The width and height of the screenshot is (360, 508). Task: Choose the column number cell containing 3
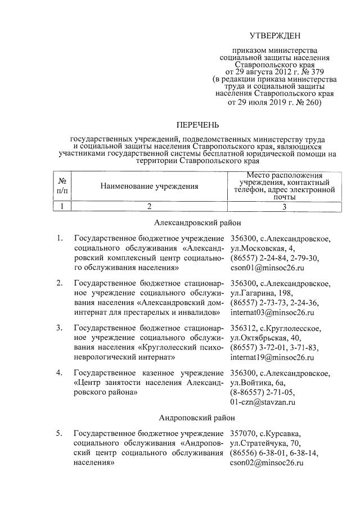point(284,206)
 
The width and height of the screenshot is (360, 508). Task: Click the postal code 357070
point(244,433)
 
